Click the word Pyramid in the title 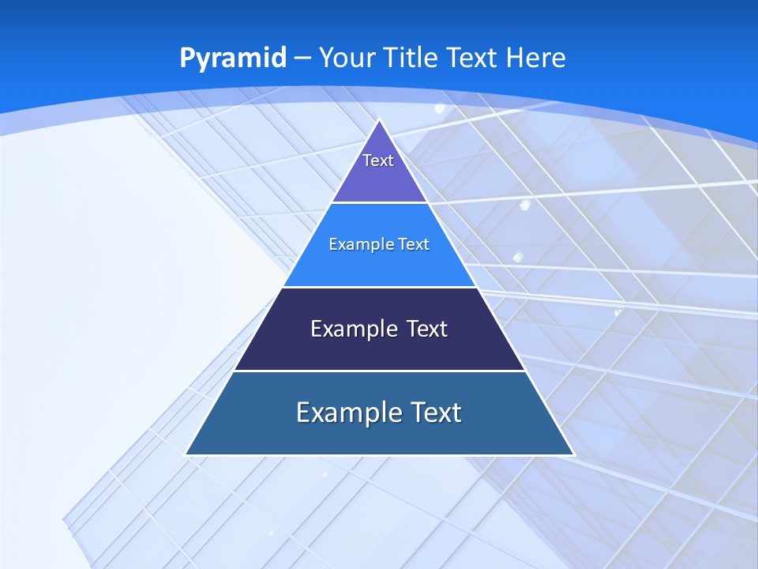232,58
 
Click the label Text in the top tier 378,160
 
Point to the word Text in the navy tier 427,329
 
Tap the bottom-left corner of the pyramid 186,454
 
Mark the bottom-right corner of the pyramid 573,454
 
